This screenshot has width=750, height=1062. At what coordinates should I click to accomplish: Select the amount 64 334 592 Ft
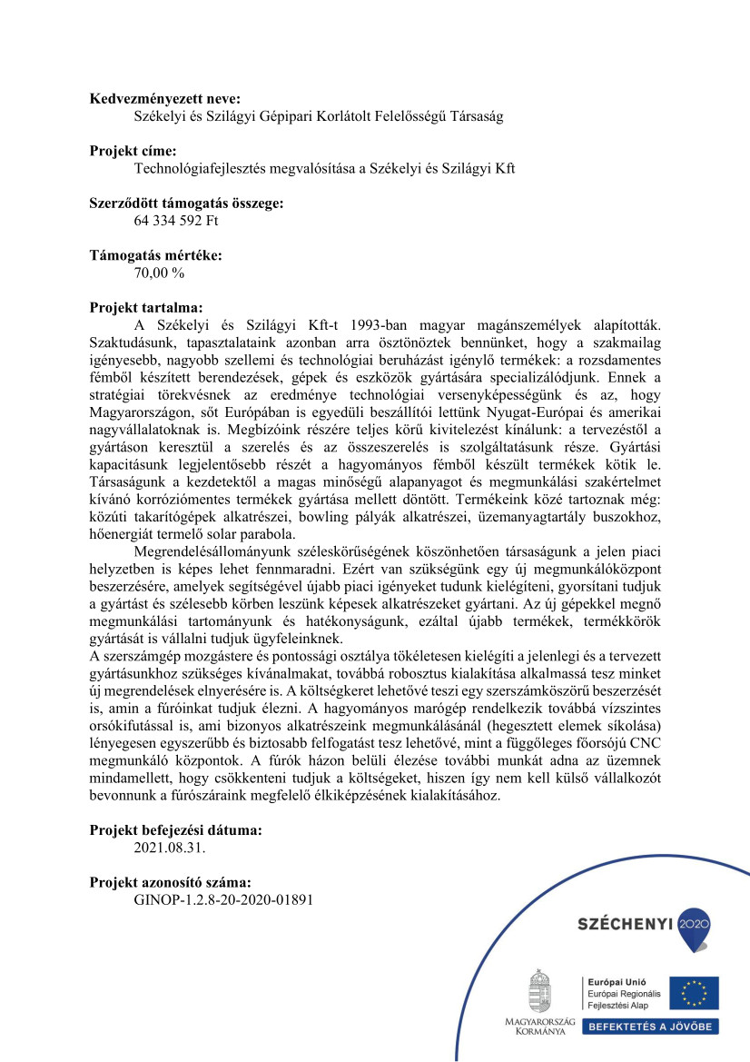[x=175, y=221]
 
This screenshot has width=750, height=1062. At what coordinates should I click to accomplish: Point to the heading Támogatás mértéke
[x=155, y=255]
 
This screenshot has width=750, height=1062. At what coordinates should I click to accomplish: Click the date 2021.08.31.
[x=170, y=848]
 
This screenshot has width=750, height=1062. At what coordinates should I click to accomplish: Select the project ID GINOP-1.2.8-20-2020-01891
[x=223, y=899]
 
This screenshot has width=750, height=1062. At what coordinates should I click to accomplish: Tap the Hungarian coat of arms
[x=540, y=992]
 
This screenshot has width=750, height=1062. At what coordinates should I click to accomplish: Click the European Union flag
[x=694, y=993]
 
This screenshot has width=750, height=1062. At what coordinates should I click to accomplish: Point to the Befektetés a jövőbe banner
[x=651, y=1027]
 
